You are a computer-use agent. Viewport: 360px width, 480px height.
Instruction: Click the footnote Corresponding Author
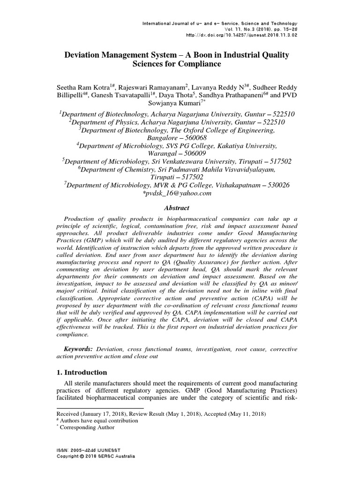[87, 427]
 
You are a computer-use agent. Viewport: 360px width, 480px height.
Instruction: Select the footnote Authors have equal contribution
[98, 420]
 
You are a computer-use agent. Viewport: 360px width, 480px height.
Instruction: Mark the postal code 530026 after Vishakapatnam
[278, 185]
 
